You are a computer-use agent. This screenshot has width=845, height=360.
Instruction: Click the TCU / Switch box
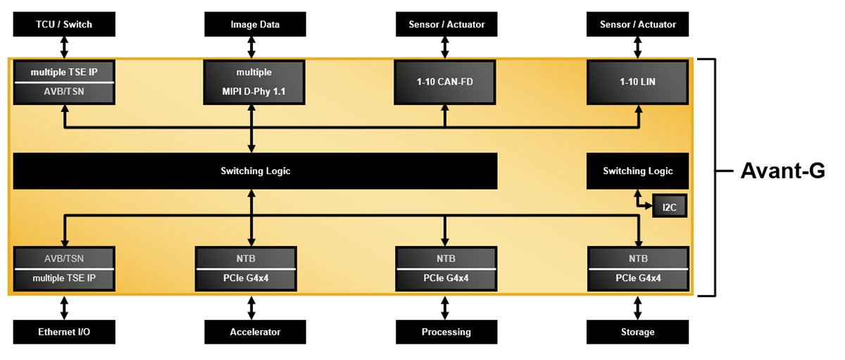64,25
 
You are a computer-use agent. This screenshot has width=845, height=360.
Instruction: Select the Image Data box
255,25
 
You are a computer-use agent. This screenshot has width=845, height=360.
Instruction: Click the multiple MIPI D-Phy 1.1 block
255,82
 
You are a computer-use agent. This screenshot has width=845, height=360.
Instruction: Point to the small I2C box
669,206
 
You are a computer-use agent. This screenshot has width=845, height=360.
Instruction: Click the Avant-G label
782,171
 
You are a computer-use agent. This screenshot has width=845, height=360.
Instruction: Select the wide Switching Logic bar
255,171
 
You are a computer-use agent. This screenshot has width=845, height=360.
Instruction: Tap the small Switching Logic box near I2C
637,171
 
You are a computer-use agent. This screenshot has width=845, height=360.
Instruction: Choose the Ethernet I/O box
64,332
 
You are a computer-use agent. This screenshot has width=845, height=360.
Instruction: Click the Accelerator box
255,332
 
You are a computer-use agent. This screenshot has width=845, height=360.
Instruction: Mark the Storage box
637,332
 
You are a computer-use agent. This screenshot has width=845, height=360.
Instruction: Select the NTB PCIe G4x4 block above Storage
637,268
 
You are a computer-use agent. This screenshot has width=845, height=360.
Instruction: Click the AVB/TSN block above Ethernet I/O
64,268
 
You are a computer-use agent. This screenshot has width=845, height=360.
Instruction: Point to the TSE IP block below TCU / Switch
64,82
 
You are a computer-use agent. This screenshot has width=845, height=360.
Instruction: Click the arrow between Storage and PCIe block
638,307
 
